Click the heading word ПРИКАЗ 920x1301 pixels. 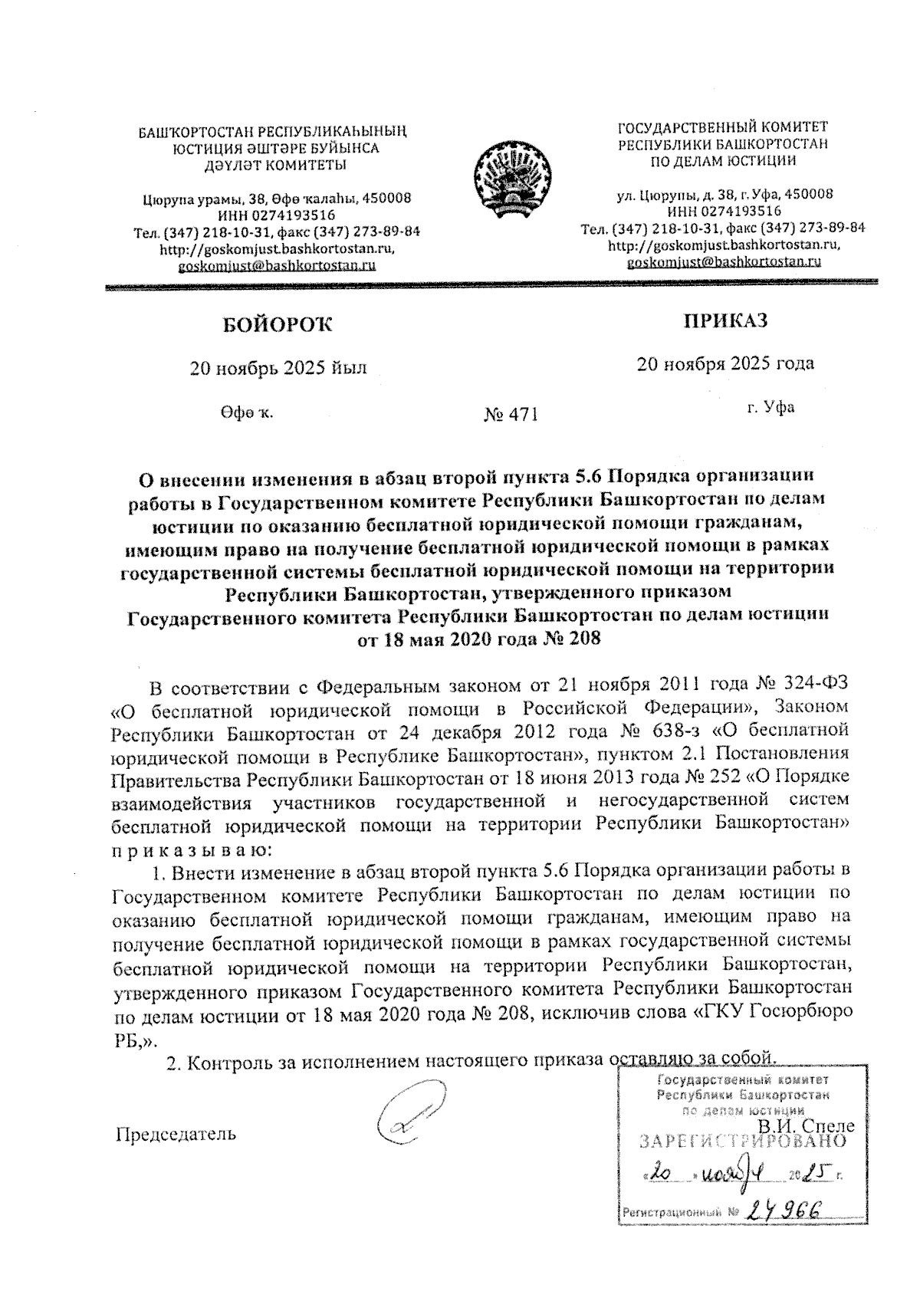coord(725,320)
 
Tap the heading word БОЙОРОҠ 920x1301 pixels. coord(278,325)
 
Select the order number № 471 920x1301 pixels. coord(511,415)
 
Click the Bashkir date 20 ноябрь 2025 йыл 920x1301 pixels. coord(278,368)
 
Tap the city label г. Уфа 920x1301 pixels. coord(770,407)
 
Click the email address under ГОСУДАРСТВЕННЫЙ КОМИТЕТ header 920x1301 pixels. coord(724,261)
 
